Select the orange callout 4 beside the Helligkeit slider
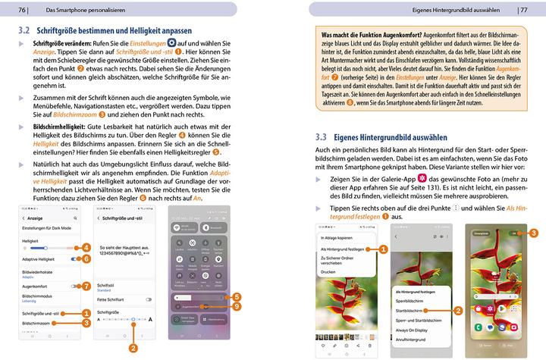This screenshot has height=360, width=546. tap(86, 247)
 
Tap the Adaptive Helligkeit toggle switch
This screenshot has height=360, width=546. tap(75, 258)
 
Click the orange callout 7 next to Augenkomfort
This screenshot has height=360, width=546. tap(86, 286)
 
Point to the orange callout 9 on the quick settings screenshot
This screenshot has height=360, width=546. tap(237, 306)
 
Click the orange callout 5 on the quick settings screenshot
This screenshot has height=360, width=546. tap(237, 296)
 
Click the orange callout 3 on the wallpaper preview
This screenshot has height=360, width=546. tap(534, 233)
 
